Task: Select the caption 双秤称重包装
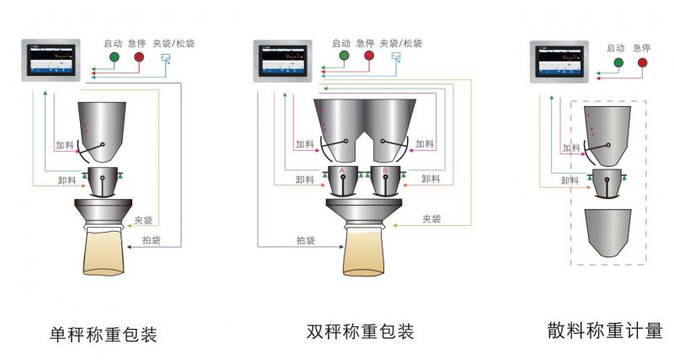pyautogui.click(x=361, y=330)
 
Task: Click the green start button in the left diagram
pyautogui.click(x=114, y=57)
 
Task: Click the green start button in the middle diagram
pyautogui.click(x=343, y=57)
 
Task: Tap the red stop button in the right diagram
pyautogui.click(x=644, y=62)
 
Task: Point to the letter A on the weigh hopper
pyautogui.click(x=342, y=173)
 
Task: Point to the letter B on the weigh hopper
pyautogui.click(x=386, y=173)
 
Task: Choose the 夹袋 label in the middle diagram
pyautogui.click(x=431, y=218)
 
